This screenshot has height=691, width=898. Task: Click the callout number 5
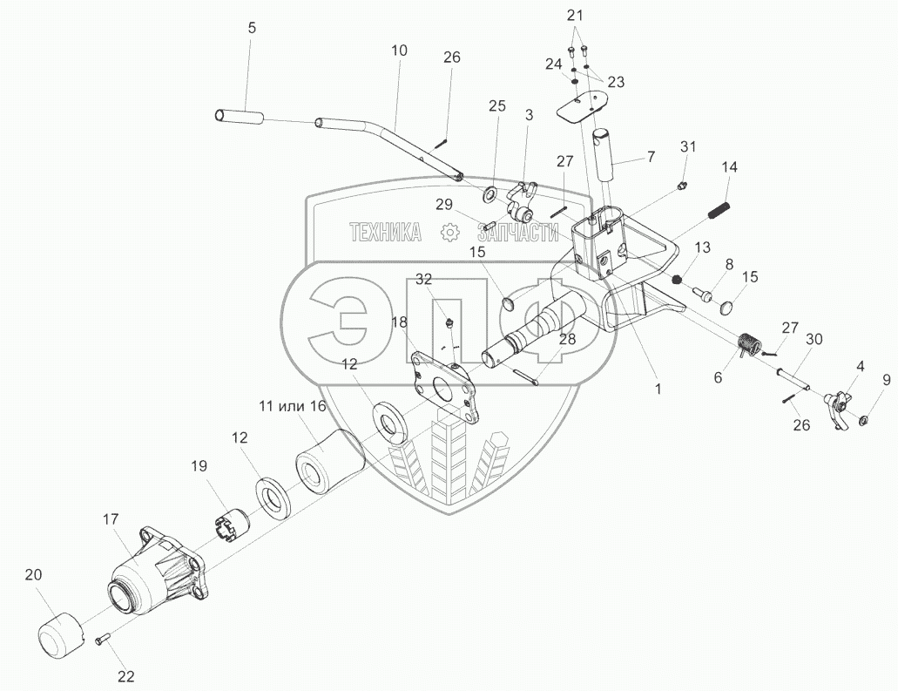[x=253, y=28]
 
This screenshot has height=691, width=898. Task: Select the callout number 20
[x=33, y=575]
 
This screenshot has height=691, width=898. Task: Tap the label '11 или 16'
[x=292, y=407]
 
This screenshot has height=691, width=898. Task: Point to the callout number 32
[x=424, y=279]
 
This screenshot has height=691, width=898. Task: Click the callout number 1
[x=658, y=389]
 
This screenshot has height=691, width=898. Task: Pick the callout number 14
[x=730, y=167]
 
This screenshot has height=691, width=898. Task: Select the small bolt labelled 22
[x=102, y=638]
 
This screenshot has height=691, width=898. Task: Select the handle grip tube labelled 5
[x=239, y=118]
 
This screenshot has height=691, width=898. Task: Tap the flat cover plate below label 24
[x=584, y=106]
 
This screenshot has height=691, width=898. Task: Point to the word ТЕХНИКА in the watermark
[x=385, y=232]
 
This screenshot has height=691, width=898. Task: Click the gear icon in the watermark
[x=449, y=232]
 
